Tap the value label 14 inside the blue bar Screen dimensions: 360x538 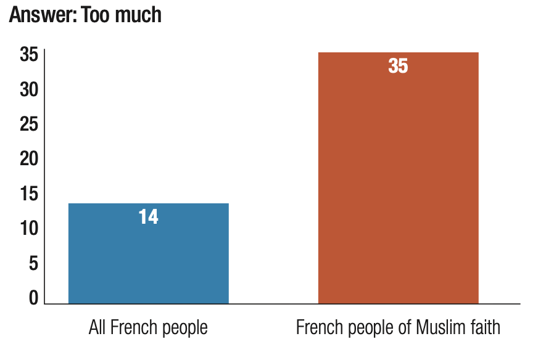click(x=148, y=217)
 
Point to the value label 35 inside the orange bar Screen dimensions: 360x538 click(x=398, y=66)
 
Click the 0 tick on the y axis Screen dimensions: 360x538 click(x=33, y=298)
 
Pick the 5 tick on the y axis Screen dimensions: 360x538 click(x=33, y=264)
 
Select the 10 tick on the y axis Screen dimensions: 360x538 click(x=28, y=229)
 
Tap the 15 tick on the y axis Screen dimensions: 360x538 click(x=28, y=194)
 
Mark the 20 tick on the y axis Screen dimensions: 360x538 click(x=28, y=160)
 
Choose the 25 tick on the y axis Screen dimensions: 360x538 click(x=28, y=125)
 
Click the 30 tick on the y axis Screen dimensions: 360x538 click(x=28, y=90)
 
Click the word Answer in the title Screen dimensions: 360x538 click(x=41, y=14)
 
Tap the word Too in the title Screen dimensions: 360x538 click(x=98, y=14)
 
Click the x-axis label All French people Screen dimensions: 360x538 click(x=148, y=327)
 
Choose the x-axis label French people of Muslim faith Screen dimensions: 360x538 click(x=398, y=327)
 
